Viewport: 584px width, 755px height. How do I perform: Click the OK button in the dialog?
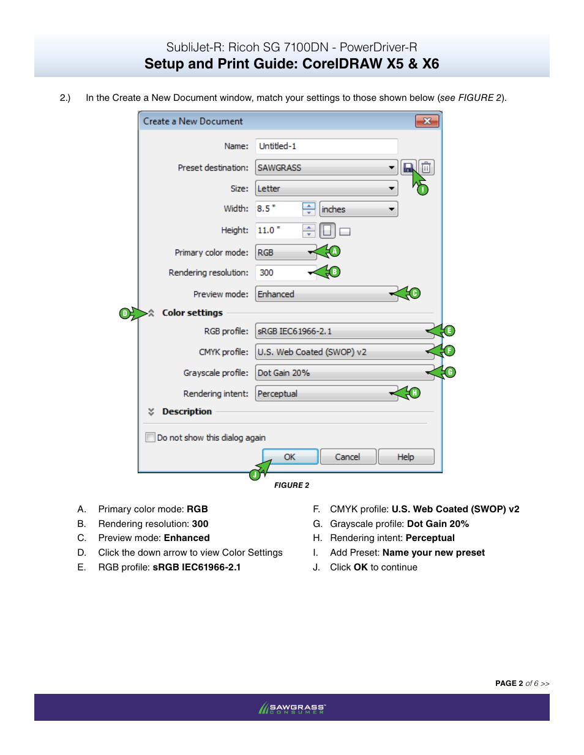[x=290, y=457]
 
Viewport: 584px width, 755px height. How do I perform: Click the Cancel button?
[x=348, y=457]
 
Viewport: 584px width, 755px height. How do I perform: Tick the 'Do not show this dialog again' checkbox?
[x=150, y=437]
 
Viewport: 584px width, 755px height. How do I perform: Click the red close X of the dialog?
[x=427, y=121]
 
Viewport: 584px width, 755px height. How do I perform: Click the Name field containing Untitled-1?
[x=326, y=146]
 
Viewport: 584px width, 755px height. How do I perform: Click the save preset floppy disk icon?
[x=408, y=168]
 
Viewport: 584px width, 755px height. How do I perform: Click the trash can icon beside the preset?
[x=427, y=168]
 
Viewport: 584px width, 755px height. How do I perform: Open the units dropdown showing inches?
[x=358, y=209]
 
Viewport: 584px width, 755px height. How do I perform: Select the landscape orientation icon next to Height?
[x=345, y=231]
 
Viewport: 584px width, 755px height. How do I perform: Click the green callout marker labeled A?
[x=334, y=251]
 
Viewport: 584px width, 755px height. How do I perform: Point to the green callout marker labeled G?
[x=450, y=372]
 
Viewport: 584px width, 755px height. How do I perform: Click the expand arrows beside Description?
[x=151, y=411]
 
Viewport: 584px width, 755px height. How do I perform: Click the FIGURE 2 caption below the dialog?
[x=291, y=485]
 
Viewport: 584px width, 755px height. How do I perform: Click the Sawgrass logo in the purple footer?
[x=292, y=708]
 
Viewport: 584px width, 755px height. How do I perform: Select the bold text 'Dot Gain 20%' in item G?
[x=438, y=524]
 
